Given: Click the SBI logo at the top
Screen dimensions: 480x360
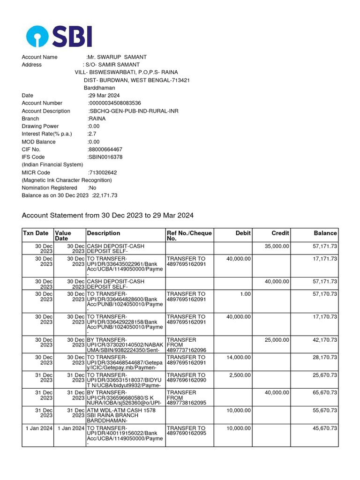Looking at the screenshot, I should [x=59, y=36].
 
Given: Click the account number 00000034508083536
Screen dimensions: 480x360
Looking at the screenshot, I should [x=115, y=103].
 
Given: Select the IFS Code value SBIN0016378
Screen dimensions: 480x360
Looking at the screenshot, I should [x=105, y=157].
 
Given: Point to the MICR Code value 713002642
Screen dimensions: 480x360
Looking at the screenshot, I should [x=103, y=172].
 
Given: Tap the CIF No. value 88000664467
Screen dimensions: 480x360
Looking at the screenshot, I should [x=105, y=150].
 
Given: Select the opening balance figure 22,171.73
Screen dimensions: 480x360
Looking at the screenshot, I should [x=105, y=195].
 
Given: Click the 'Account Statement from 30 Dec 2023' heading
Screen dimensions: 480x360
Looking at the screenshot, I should [x=107, y=216].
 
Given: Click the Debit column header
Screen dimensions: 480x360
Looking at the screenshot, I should [x=243, y=233].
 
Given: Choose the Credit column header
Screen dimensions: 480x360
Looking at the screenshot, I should [x=280, y=233].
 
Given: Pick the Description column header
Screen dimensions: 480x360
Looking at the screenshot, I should [x=104, y=233].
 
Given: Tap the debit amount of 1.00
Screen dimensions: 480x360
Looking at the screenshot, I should [x=244, y=294].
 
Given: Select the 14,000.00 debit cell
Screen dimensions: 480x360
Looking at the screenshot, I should [x=239, y=357].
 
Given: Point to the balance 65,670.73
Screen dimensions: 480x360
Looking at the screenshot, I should [x=322, y=393].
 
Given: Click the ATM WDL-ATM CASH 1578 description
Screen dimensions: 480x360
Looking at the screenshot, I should [x=121, y=410].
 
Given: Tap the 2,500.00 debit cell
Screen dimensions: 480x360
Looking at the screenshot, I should [x=240, y=375].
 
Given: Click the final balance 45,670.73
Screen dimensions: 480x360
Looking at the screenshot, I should [x=322, y=428].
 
